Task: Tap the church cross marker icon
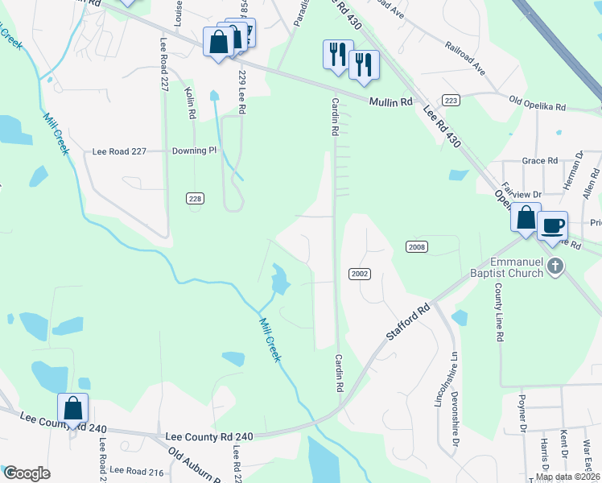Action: (x=554, y=266)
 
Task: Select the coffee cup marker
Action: (x=552, y=227)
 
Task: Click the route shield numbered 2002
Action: (x=359, y=274)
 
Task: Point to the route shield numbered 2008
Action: (x=416, y=247)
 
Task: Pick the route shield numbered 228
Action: (x=195, y=198)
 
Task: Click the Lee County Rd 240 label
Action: (x=209, y=436)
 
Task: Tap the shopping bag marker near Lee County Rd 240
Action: (x=73, y=408)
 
